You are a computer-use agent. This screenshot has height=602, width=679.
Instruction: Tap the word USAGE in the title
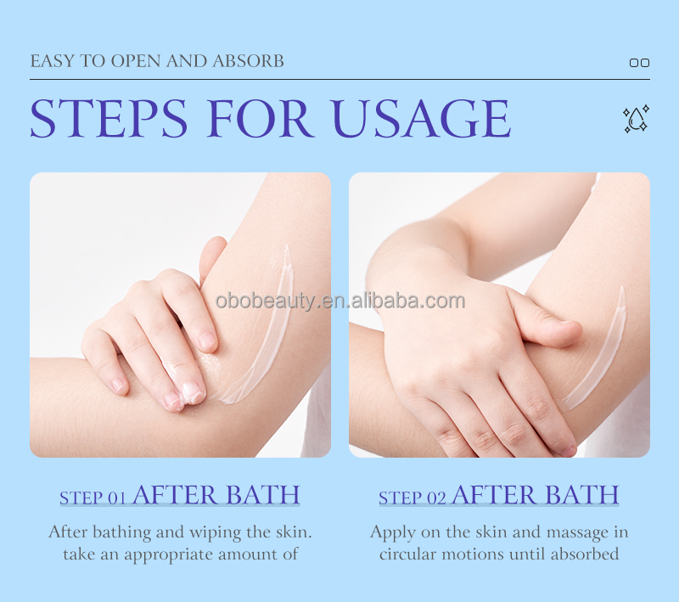tap(419, 119)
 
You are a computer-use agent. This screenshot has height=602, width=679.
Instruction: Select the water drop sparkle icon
tap(635, 119)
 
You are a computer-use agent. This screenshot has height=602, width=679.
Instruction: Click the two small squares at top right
tap(639, 63)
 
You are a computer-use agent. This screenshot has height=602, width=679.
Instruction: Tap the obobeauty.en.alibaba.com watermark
tap(339, 301)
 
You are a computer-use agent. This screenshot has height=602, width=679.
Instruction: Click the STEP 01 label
tap(93, 498)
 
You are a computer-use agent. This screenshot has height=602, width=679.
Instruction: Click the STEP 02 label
tap(412, 498)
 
